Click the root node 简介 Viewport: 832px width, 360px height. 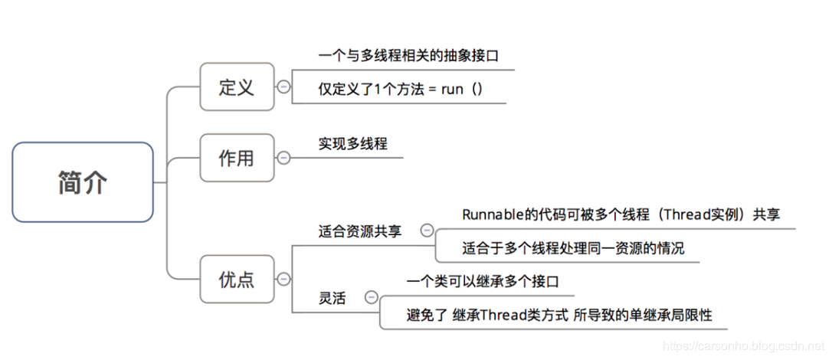(x=83, y=182)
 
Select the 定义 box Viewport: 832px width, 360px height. (x=236, y=87)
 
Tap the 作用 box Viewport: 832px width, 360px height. (x=236, y=158)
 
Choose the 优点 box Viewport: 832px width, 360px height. (x=236, y=280)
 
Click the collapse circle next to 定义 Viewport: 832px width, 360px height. (x=283, y=87)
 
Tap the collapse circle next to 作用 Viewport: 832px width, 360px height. (x=283, y=158)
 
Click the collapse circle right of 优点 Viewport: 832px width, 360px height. (x=283, y=280)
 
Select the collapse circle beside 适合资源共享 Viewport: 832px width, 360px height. (x=427, y=230)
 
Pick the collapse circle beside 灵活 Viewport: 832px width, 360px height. (x=372, y=296)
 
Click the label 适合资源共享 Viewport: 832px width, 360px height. (x=359, y=231)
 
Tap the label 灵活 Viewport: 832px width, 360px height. (x=332, y=298)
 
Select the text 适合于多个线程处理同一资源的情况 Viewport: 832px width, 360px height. (x=572, y=248)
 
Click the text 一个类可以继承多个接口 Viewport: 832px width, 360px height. (x=483, y=281)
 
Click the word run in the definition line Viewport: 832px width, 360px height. (x=453, y=89)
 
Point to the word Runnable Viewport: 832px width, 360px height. (x=490, y=214)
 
